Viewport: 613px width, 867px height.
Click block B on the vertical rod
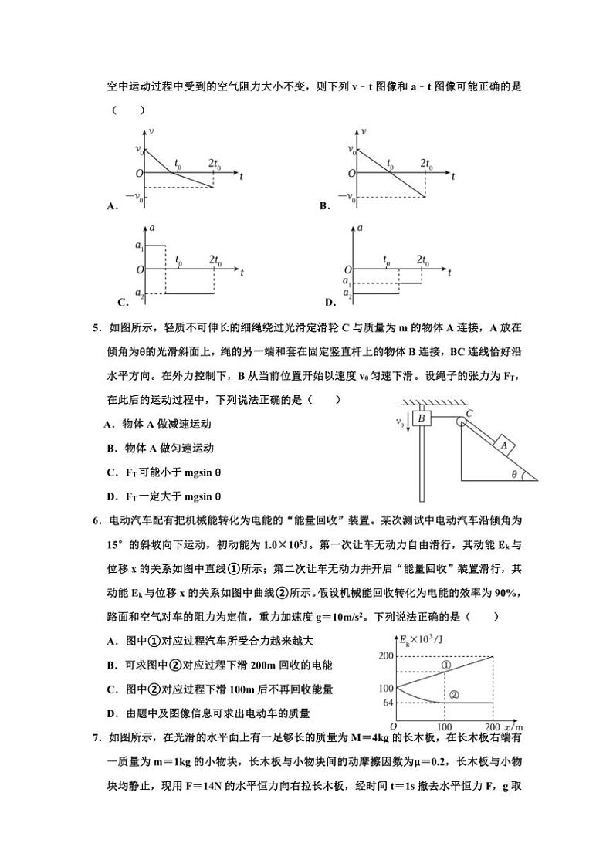point(422,418)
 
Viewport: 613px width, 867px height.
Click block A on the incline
point(504,445)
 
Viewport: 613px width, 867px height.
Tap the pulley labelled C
point(460,421)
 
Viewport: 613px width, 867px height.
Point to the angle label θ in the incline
point(514,474)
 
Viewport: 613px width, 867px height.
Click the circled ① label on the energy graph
point(446,665)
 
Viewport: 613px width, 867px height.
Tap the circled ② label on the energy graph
point(454,694)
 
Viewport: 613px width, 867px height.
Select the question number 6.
point(97,521)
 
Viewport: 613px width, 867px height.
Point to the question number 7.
point(97,738)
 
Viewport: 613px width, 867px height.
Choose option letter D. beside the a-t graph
point(330,302)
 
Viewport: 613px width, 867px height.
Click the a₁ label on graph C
point(139,246)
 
